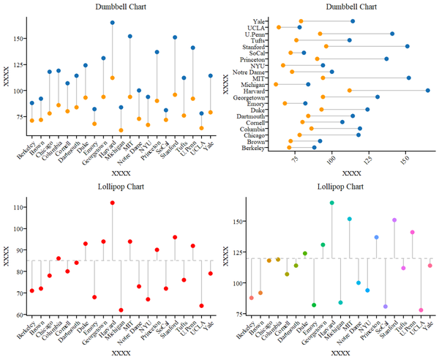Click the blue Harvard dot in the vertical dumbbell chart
pyautogui.click(x=112, y=23)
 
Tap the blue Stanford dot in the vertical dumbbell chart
pyautogui.click(x=175, y=37)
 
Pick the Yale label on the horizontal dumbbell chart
pyautogui.click(x=259, y=21)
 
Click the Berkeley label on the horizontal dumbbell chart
pyautogui.click(x=253, y=148)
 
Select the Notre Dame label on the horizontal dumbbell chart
pyautogui.click(x=249, y=72)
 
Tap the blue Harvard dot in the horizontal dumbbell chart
pyautogui.click(x=427, y=91)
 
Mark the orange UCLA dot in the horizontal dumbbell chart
pyautogui.click(x=279, y=28)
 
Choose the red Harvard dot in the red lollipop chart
pyautogui.click(x=112, y=203)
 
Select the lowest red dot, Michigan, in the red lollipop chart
pyautogui.click(x=121, y=310)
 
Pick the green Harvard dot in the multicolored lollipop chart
pyautogui.click(x=331, y=203)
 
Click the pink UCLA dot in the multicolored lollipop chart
pyautogui.click(x=421, y=310)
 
